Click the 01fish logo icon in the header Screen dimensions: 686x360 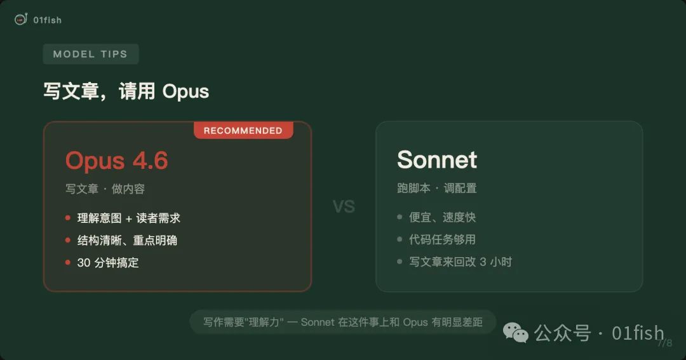tap(20, 19)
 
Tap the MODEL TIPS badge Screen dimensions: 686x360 tap(91, 54)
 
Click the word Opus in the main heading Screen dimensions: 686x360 tap(185, 92)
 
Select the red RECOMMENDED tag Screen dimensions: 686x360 tap(243, 130)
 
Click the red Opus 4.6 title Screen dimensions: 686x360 tap(116, 161)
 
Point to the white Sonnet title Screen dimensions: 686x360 tap(436, 159)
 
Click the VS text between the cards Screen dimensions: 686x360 tap(344, 206)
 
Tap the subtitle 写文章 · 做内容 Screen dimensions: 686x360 tap(105, 189)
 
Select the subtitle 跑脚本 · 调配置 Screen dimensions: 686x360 tap(436, 188)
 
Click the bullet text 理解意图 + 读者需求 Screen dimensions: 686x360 tap(128, 218)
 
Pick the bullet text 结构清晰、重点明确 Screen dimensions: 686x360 tap(127, 241)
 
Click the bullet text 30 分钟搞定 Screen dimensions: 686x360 tap(107, 262)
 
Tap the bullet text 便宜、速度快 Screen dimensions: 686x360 tap(442, 217)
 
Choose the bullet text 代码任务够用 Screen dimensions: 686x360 tap(442, 239)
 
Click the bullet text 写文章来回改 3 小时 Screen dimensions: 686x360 tap(461, 262)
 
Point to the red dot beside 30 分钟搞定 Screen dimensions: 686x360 tap(68, 262)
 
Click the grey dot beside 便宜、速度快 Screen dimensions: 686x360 tap(400, 217)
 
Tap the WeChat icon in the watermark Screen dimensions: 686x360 tap(515, 333)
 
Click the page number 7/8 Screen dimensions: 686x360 tap(664, 343)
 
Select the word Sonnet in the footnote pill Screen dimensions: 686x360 tap(318, 323)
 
